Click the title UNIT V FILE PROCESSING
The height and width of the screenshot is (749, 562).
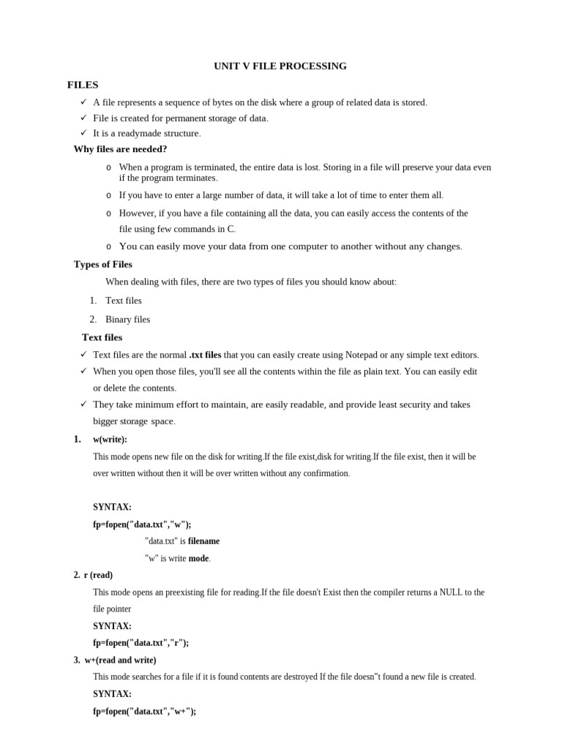click(280, 66)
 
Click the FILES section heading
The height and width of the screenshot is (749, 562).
click(83, 85)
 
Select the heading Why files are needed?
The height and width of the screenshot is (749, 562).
click(120, 149)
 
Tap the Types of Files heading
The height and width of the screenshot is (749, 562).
click(103, 264)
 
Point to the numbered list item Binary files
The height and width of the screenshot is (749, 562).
click(127, 319)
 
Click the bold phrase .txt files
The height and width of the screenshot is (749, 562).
click(205, 355)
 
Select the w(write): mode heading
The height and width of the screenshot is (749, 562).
click(110, 440)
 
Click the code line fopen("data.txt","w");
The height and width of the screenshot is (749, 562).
click(142, 524)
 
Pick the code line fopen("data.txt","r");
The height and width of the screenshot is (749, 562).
click(140, 643)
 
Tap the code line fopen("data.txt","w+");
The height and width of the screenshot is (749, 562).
click(144, 711)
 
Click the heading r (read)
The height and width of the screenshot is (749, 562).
click(98, 575)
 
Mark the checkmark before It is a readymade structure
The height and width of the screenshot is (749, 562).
click(83, 132)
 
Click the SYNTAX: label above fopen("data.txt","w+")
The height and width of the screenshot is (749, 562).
click(112, 694)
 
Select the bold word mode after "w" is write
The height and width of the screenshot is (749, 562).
click(198, 558)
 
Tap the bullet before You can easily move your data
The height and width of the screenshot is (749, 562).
click(109, 246)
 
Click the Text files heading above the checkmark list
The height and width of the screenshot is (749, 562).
click(102, 337)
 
